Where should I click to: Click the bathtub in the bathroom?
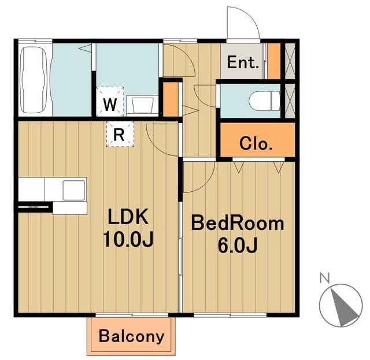coord(33,80)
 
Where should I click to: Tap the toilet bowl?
coord(264,101)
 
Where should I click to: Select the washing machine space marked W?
coord(110,102)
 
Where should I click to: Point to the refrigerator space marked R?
coord(120,134)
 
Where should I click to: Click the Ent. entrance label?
coord(243,62)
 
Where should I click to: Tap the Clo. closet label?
coord(256,143)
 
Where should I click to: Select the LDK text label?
coord(128,216)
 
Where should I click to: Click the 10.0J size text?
coord(128,239)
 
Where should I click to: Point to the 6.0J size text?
coord(237,245)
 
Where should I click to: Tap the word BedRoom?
coord(238,223)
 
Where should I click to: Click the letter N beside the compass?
coord(325,277)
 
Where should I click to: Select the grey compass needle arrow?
coord(344,307)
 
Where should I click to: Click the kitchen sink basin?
coord(73,190)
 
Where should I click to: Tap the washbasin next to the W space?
coord(142,105)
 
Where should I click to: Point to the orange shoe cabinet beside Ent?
coord(273,61)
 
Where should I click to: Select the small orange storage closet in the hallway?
coord(171,99)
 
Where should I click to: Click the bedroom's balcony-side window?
coord(230,315)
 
